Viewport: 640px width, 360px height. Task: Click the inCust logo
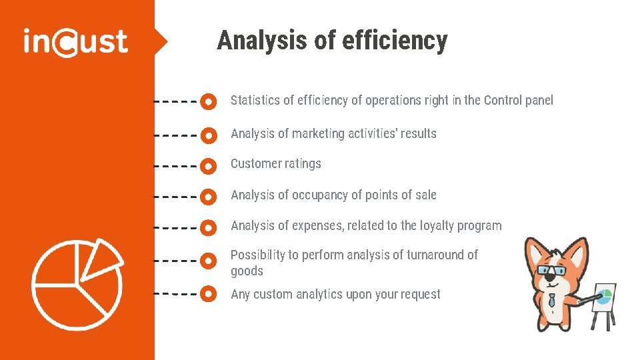pyautogui.click(x=75, y=41)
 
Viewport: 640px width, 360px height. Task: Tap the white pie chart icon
pyautogui.click(x=77, y=283)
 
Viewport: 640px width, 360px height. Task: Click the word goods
pyautogui.click(x=247, y=271)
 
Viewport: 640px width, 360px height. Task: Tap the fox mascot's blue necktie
pyautogui.click(x=553, y=301)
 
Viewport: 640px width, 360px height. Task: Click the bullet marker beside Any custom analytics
pyautogui.click(x=209, y=293)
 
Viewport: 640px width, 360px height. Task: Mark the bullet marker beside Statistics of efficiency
pyautogui.click(x=209, y=102)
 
